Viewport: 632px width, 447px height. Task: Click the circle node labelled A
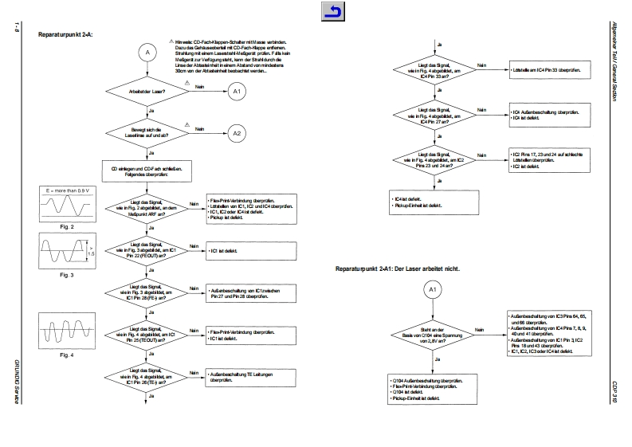pyautogui.click(x=146, y=53)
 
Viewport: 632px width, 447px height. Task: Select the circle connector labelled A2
pyautogui.click(x=236, y=133)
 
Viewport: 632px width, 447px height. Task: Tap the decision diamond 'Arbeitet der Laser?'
pyautogui.click(x=146, y=92)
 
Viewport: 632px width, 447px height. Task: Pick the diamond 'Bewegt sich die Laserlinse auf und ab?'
pyautogui.click(x=146, y=133)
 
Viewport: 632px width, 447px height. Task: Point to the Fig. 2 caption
pyautogui.click(x=66, y=226)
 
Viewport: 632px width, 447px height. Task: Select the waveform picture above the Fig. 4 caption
pyautogui.click(x=66, y=330)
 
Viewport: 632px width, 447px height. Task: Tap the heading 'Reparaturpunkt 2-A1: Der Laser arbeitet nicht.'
pyautogui.click(x=398, y=269)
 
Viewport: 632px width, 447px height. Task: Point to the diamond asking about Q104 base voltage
pyautogui.click(x=432, y=334)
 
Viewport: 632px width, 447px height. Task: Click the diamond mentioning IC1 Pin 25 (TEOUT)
pyautogui.click(x=146, y=335)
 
